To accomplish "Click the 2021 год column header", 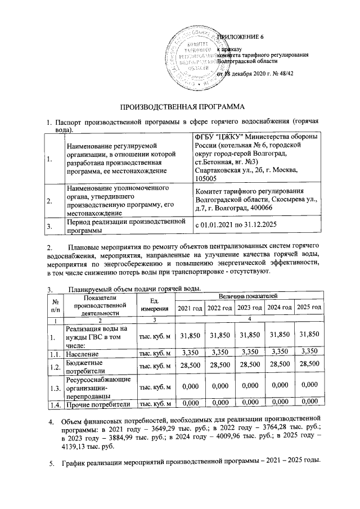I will click(190, 307).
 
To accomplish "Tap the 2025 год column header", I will click(309, 307).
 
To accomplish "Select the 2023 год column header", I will click(250, 307).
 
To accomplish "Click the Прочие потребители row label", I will click(98, 403).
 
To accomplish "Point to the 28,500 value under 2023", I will click(250, 366).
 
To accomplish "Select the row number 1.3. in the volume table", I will click(54, 388).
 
